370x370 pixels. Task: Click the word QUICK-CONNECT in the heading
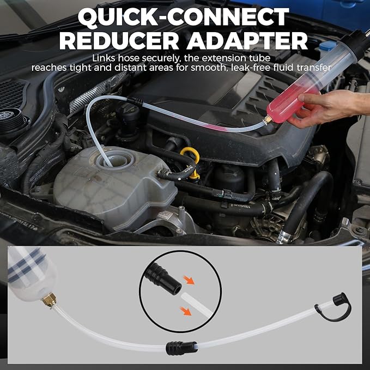coord(183,16)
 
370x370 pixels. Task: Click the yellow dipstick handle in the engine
coord(191,160)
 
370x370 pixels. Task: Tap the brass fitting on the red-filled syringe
coord(268,120)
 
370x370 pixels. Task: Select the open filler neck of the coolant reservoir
coord(115,161)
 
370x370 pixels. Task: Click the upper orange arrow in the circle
coord(189,280)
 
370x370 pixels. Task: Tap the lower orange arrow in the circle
coord(186,311)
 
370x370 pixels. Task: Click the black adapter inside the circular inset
coord(163,280)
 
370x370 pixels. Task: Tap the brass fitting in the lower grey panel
coord(49,300)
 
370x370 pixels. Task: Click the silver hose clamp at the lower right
coord(285,236)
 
